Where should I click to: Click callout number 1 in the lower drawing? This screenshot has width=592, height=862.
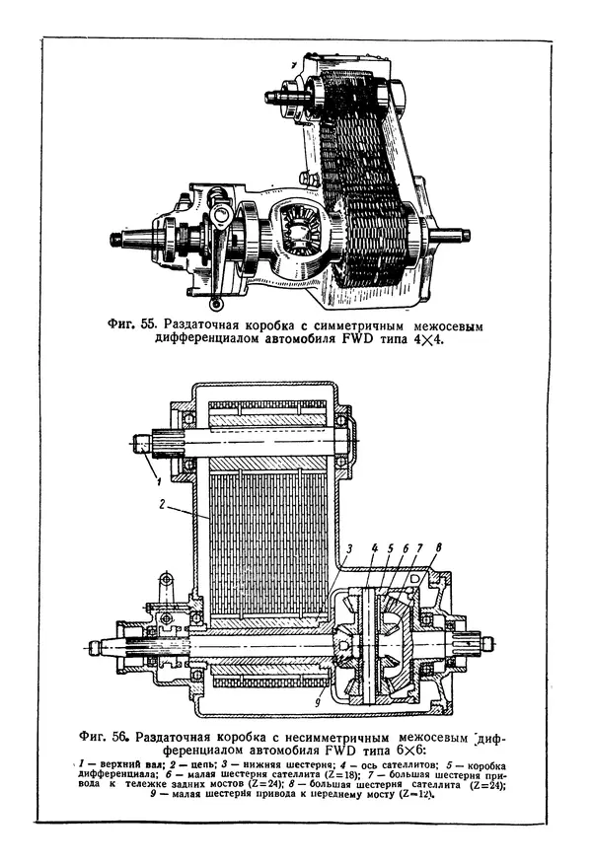(x=156, y=478)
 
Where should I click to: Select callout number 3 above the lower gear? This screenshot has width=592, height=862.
(x=347, y=548)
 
